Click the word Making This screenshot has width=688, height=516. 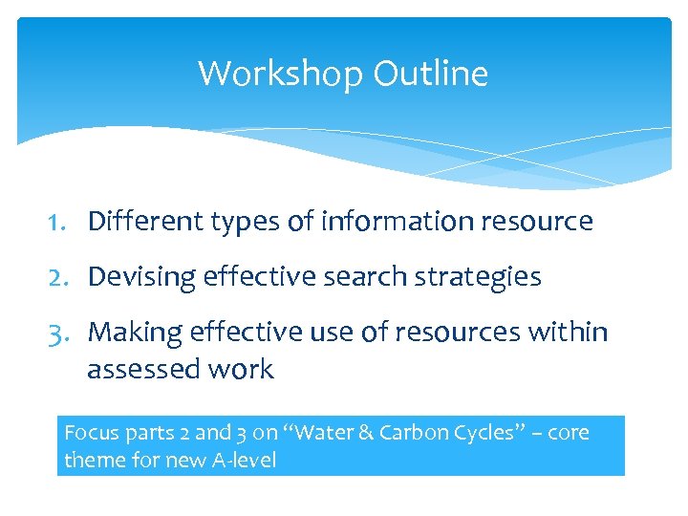[135, 333]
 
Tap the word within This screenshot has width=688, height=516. [571, 333]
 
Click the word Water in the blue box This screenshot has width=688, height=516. [326, 433]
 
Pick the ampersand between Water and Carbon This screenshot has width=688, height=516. [366, 433]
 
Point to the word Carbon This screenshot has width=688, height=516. [409, 433]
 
